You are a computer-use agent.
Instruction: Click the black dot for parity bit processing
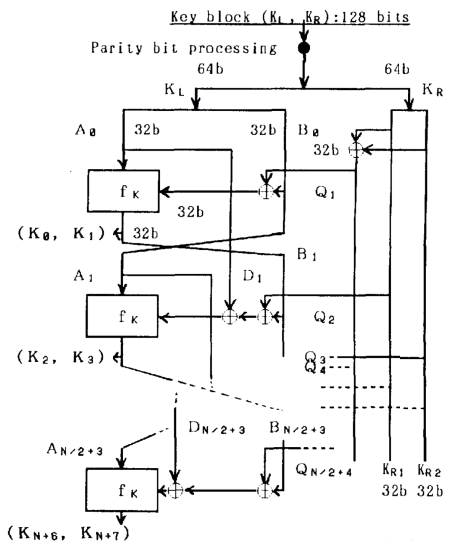pos(304,48)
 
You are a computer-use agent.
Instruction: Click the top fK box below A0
pos(123,191)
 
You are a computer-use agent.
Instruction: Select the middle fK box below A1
pos(122,316)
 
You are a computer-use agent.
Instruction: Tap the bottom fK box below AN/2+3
pos(122,490)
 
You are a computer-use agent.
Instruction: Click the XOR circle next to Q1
pos(266,191)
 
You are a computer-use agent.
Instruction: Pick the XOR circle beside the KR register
pos(356,150)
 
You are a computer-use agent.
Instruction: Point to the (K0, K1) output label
pos(61,233)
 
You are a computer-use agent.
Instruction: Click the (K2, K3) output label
pos(61,357)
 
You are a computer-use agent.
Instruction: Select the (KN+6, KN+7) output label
pos(69,533)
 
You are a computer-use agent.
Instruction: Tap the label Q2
pos(324,317)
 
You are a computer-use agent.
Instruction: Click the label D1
pos(252,276)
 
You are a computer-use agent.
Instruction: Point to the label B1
pos(307,255)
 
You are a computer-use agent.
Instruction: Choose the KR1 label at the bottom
pos(393,470)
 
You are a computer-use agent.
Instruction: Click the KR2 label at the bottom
pos(429,470)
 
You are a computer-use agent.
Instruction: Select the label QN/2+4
pos(325,470)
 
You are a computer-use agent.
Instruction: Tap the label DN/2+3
pos(217,428)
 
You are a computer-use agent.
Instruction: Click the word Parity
pos(116,48)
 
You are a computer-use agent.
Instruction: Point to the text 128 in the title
pos(353,16)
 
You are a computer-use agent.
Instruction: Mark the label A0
pos(86,130)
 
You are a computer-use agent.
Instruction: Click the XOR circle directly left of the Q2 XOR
pos(230,317)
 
